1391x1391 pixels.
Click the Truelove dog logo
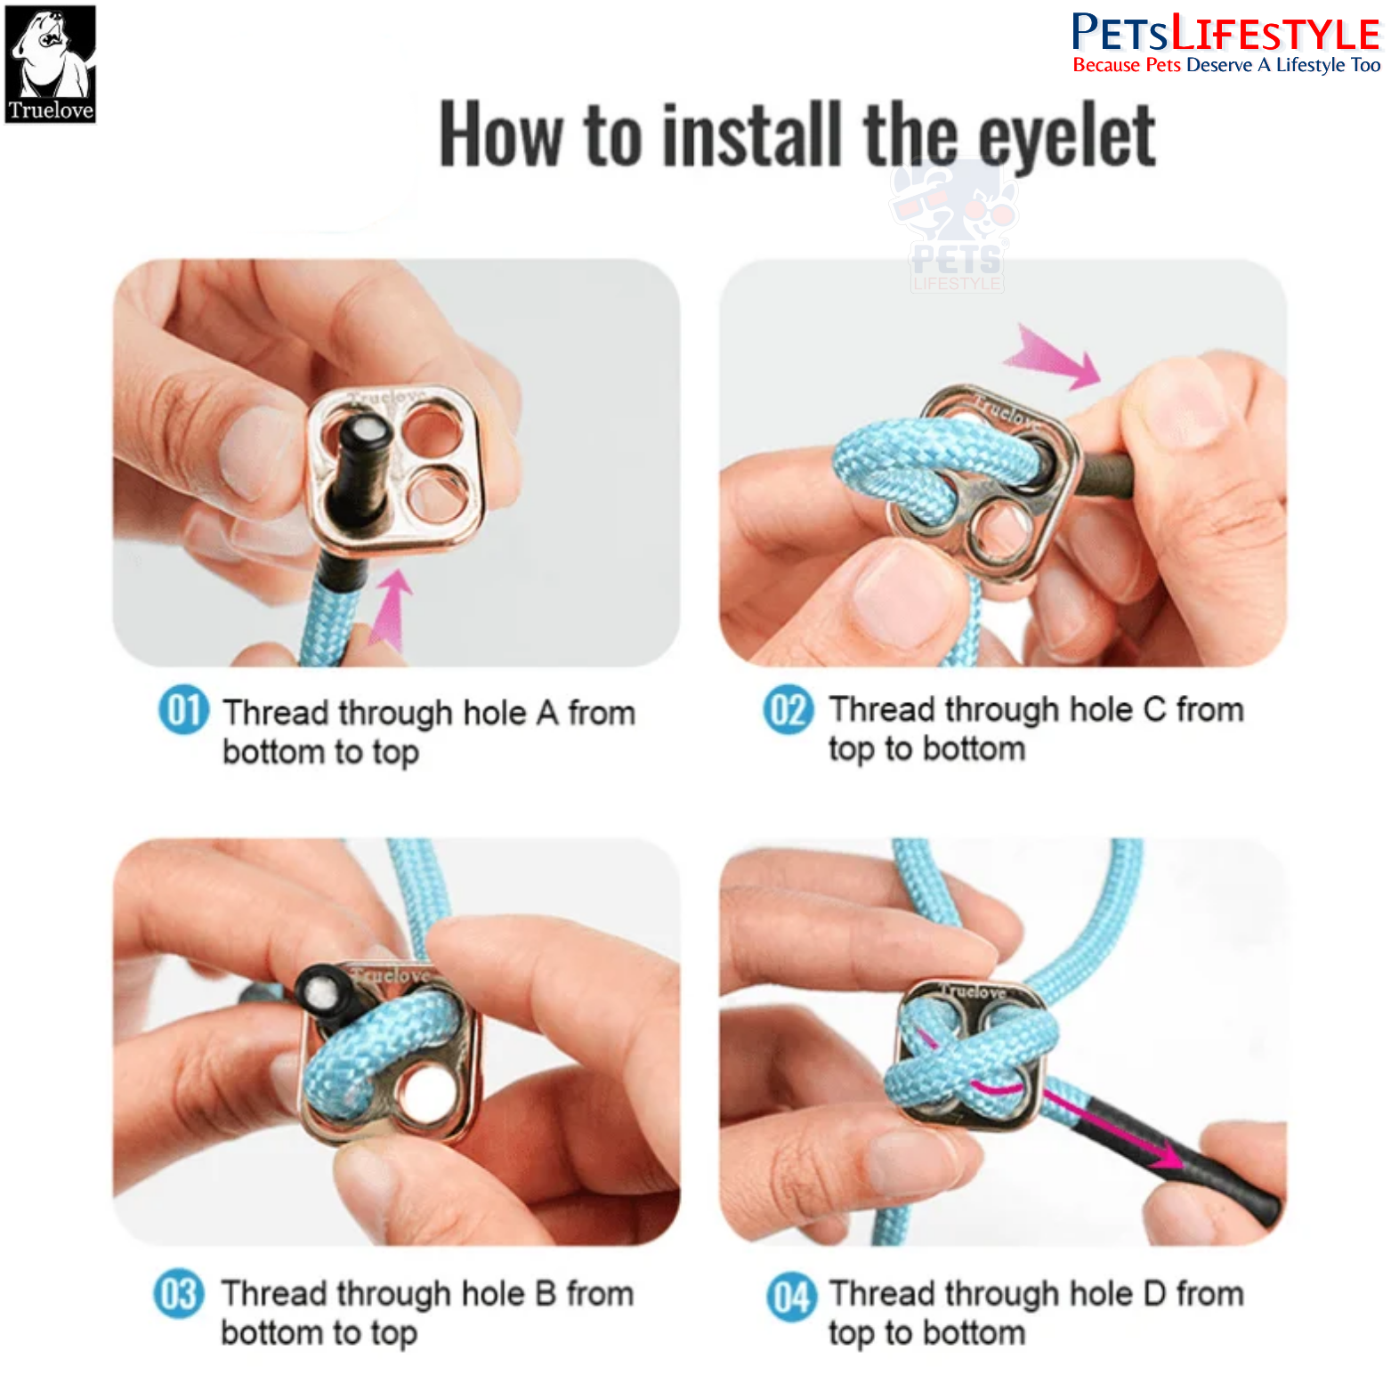(x=51, y=64)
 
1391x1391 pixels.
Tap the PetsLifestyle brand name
(x=1225, y=34)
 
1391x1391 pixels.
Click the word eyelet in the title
(x=1067, y=135)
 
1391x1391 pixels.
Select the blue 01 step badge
(x=184, y=710)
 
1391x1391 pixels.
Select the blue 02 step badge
(x=789, y=710)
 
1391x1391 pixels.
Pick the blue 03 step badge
(x=179, y=1293)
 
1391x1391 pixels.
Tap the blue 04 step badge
(x=792, y=1297)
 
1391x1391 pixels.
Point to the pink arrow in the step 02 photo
(x=1053, y=357)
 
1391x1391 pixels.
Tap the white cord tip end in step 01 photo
(x=366, y=433)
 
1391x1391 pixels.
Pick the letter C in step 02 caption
(x=1155, y=709)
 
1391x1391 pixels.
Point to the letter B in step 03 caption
(x=546, y=1293)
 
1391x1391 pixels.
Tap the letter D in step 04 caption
(x=1154, y=1293)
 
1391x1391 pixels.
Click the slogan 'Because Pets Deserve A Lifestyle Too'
(x=1226, y=65)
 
